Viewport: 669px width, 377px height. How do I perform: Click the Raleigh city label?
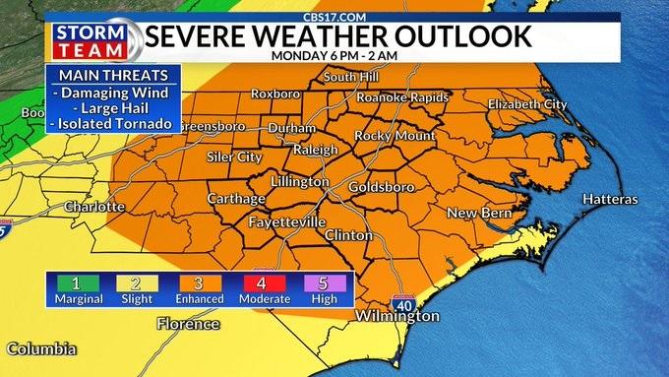tap(318, 151)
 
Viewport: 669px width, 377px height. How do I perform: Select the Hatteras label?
tap(610, 199)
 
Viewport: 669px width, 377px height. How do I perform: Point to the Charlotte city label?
tap(94, 207)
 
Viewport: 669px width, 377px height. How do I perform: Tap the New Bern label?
tap(477, 214)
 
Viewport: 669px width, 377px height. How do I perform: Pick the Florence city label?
tap(189, 324)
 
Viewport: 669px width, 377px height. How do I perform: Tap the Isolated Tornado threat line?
tap(113, 124)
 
